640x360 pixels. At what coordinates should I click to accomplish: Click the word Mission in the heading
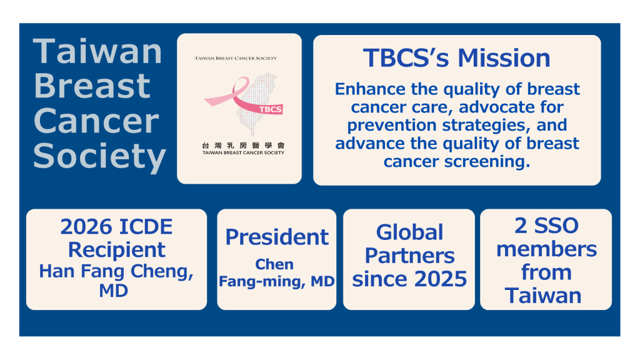tap(504, 58)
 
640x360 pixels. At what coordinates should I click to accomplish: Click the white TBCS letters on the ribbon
tap(270, 109)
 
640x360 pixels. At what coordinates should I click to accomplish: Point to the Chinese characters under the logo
tap(243, 145)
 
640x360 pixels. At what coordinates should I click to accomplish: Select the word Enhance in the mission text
tap(370, 89)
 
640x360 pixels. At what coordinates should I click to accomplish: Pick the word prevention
tap(392, 125)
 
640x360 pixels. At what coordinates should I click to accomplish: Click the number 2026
tap(86, 227)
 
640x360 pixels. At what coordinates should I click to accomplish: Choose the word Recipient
tap(117, 250)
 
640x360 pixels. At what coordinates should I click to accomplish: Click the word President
tap(277, 237)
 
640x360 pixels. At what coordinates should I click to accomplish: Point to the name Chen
tap(274, 264)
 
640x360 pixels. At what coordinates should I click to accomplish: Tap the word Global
tap(409, 232)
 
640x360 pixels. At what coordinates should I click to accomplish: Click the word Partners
tap(409, 256)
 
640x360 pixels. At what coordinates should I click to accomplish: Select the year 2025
tap(441, 279)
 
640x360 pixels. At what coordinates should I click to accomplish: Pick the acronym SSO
tap(556, 226)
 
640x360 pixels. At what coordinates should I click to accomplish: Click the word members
tap(546, 249)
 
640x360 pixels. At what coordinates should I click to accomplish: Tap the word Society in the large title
tap(99, 156)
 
